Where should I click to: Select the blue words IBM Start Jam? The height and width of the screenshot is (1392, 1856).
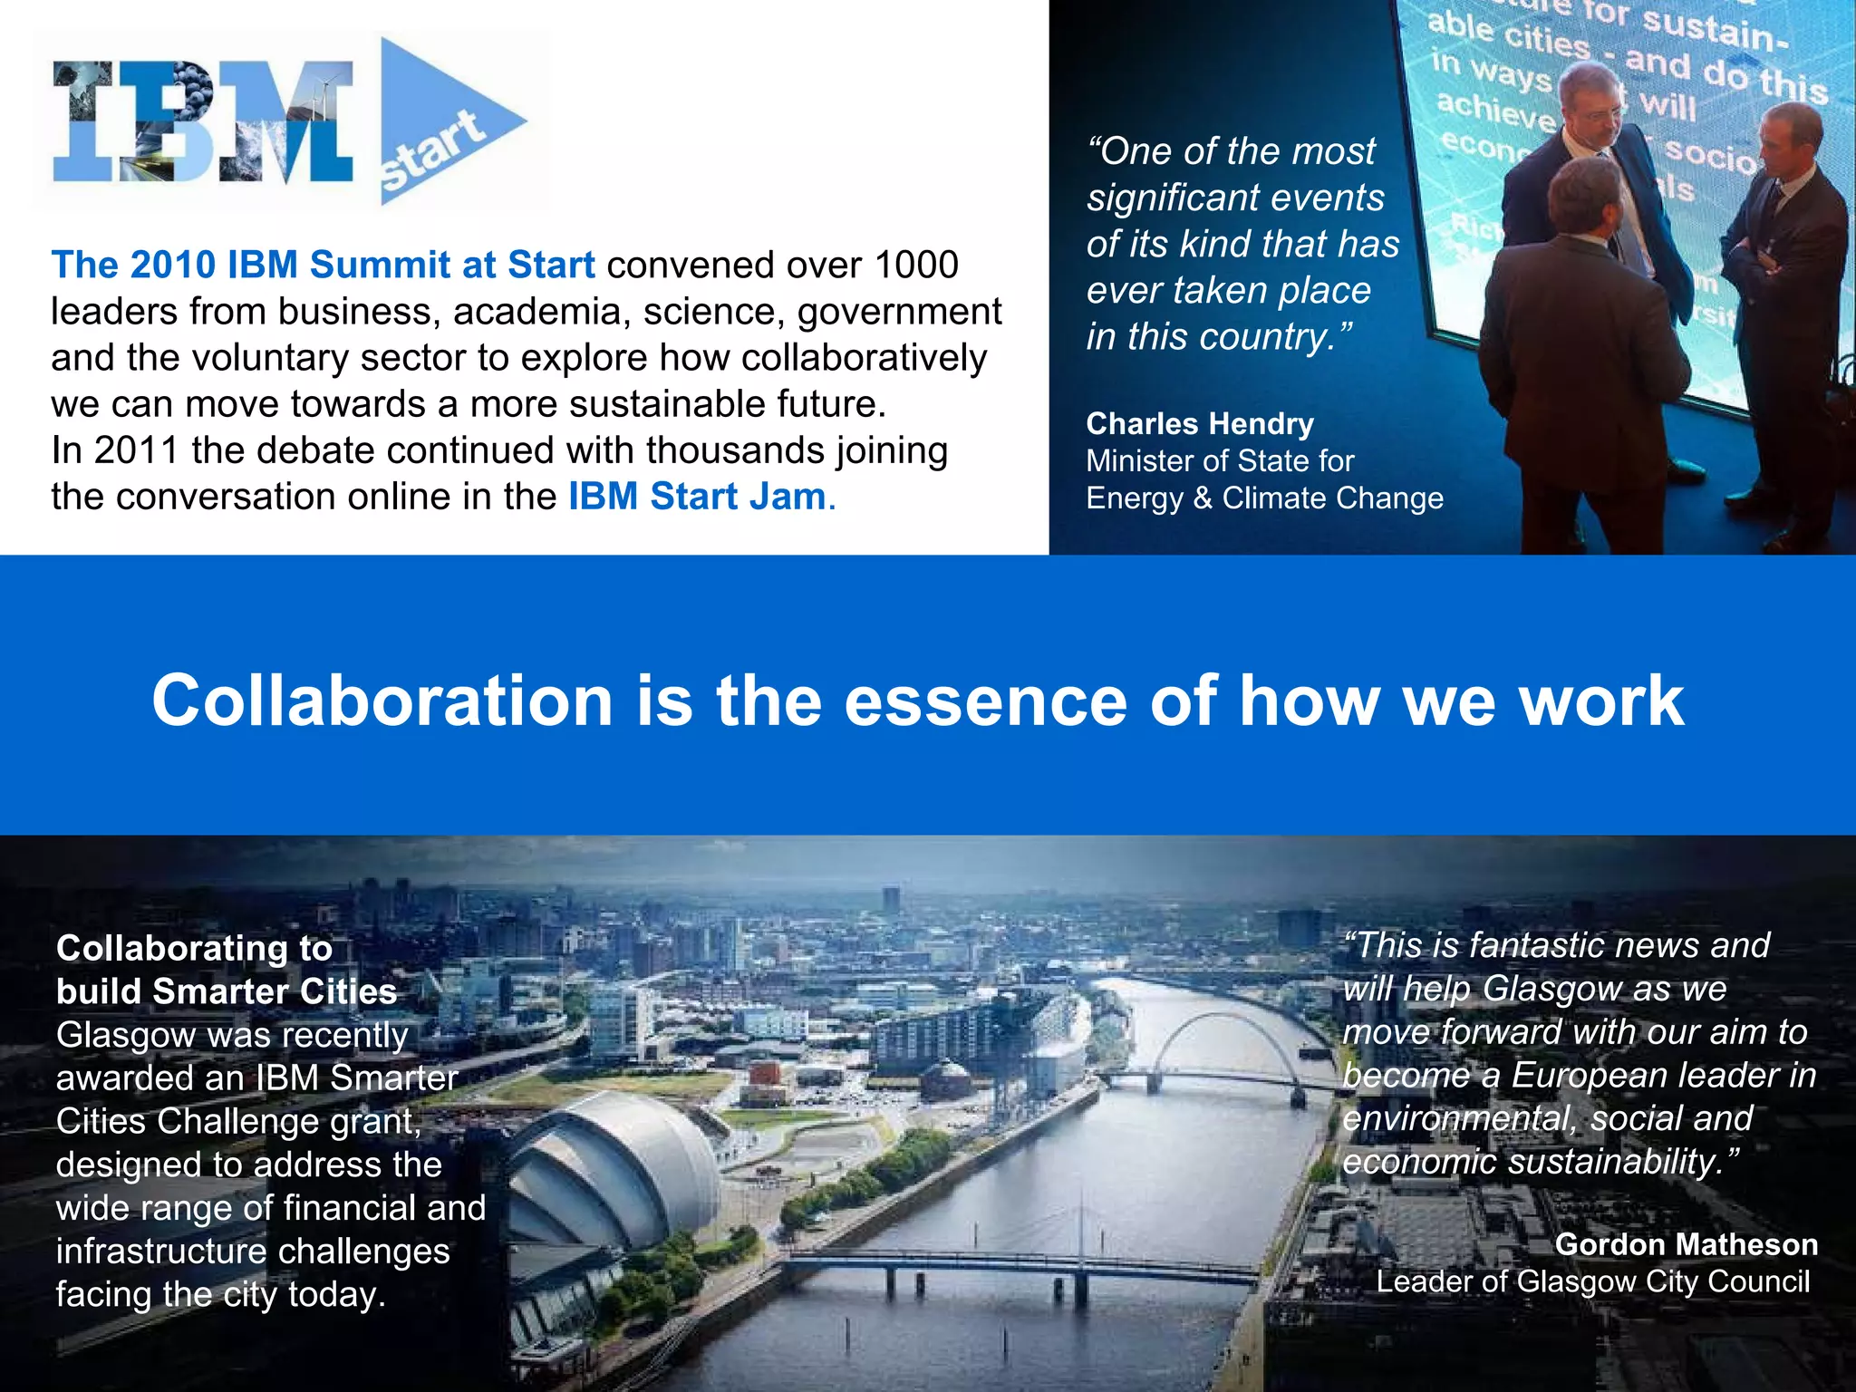[698, 497]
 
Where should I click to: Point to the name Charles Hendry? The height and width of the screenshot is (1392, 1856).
[1200, 423]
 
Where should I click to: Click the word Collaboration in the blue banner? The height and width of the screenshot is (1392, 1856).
[382, 701]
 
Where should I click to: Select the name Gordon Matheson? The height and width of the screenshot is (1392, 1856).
[1686, 1244]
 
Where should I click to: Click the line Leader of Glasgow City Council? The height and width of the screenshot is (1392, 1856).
[1592, 1281]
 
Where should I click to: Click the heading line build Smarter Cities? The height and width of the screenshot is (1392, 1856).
[227, 991]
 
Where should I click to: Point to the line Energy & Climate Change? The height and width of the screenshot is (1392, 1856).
[1264, 498]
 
